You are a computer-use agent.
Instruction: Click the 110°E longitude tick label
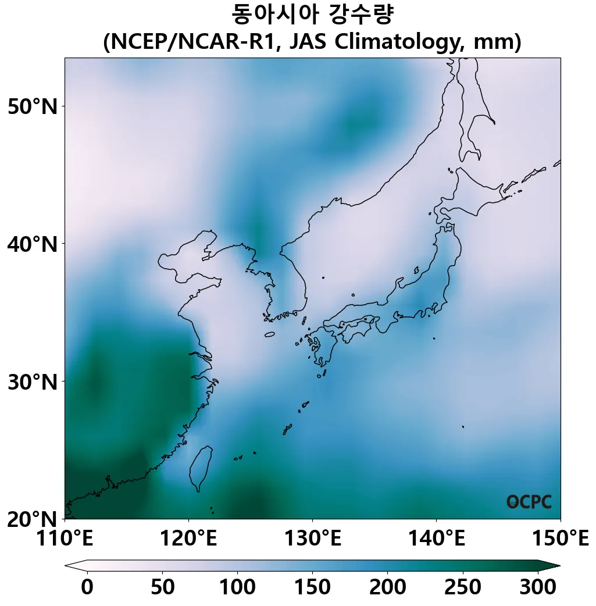(65, 539)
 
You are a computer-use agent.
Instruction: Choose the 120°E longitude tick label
(188, 539)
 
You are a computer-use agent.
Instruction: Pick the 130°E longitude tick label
(312, 539)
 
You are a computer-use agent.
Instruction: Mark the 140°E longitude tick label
(436, 539)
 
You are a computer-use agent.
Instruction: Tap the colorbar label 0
(87, 587)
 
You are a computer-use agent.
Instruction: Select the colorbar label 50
(162, 587)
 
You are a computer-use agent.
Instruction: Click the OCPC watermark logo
(529, 502)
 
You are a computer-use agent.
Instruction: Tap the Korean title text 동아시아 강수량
(312, 15)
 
